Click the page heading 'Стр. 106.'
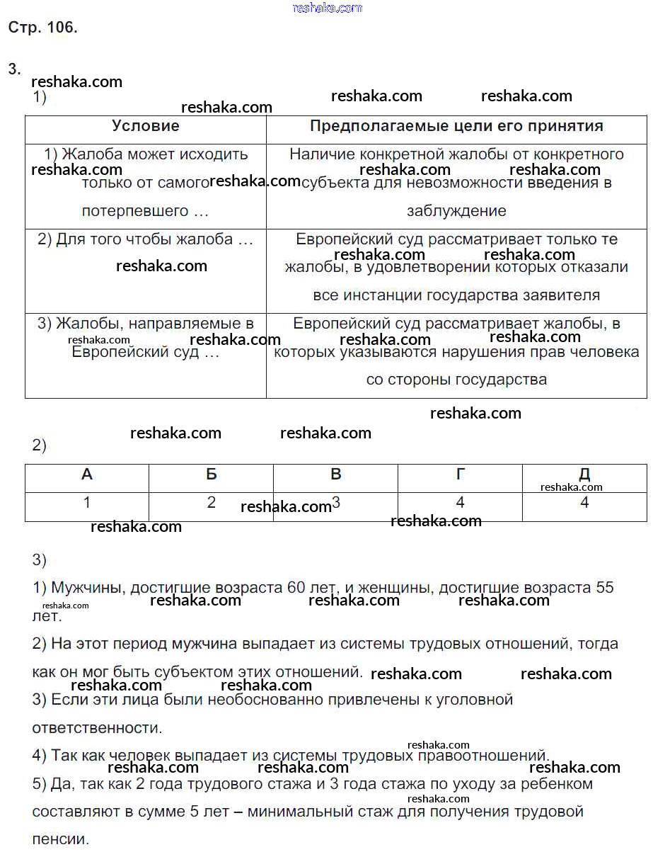[x=42, y=28]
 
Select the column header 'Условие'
[x=146, y=126]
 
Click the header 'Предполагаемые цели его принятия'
[x=456, y=126]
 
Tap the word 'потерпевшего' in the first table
[x=135, y=211]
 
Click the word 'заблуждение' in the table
[x=456, y=211]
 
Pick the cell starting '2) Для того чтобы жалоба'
[x=145, y=239]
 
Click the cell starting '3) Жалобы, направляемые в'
[x=145, y=324]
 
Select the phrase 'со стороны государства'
[x=456, y=380]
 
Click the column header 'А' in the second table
[x=87, y=475]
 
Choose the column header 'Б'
[x=212, y=475]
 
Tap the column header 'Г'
[x=461, y=475]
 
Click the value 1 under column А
[x=87, y=504]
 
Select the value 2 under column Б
[x=212, y=503]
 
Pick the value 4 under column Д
[x=584, y=504]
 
